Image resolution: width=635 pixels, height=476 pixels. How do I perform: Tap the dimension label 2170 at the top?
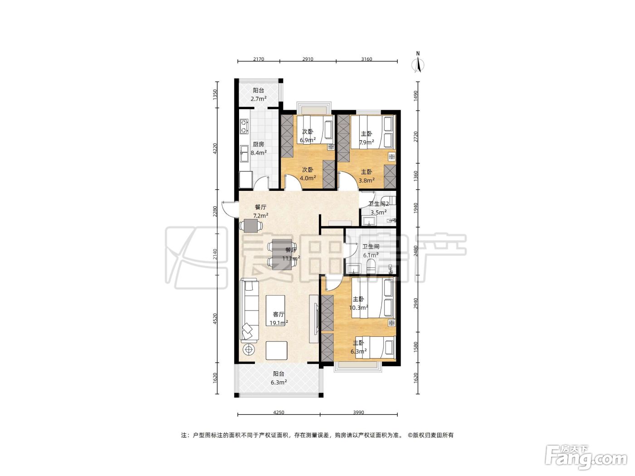pyautogui.click(x=259, y=59)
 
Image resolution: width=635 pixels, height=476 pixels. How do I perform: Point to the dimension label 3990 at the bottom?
pyautogui.click(x=358, y=413)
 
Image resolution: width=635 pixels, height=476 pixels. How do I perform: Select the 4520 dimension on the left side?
pyautogui.click(x=215, y=319)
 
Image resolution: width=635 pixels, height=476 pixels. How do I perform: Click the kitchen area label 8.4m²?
pyautogui.click(x=259, y=153)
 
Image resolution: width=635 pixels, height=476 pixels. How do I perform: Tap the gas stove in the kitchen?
pyautogui.click(x=244, y=127)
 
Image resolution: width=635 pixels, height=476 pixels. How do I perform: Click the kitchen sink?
pyautogui.click(x=244, y=154)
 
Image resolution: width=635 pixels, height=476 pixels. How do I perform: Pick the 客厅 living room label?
pyautogui.click(x=278, y=315)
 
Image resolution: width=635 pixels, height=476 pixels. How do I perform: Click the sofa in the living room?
pyautogui.click(x=249, y=309)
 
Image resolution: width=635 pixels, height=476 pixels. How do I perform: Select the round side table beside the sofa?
pyautogui.click(x=249, y=350)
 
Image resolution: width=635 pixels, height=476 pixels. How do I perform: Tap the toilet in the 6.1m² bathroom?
pyautogui.click(x=371, y=267)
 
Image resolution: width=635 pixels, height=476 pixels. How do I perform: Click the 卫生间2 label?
pyautogui.click(x=379, y=204)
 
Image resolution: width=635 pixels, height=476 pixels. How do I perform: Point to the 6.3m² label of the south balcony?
pyautogui.click(x=278, y=382)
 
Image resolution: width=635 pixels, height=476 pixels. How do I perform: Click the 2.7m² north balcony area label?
pyautogui.click(x=259, y=98)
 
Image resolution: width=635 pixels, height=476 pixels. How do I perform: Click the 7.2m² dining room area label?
pyautogui.click(x=261, y=215)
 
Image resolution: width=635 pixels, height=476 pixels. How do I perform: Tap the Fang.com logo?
pyautogui.click(x=586, y=458)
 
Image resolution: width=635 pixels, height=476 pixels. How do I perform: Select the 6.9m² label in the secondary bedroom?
pyautogui.click(x=308, y=140)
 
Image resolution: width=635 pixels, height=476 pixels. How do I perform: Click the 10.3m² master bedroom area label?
pyautogui.click(x=358, y=307)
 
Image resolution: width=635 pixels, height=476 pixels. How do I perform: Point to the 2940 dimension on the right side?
pyautogui.click(x=416, y=303)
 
